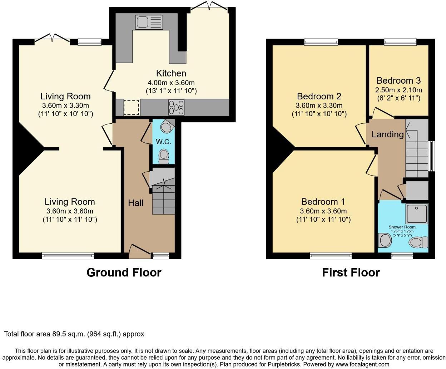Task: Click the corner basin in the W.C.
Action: (x=167, y=127)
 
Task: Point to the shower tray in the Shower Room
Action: (x=417, y=214)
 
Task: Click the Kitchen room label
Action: (x=171, y=73)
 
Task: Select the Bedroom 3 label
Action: (x=398, y=80)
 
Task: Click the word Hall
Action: (x=135, y=203)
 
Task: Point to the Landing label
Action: (x=387, y=134)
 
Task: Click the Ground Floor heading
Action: (x=124, y=272)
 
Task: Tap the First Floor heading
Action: (x=351, y=272)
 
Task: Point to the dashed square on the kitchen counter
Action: (x=131, y=108)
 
